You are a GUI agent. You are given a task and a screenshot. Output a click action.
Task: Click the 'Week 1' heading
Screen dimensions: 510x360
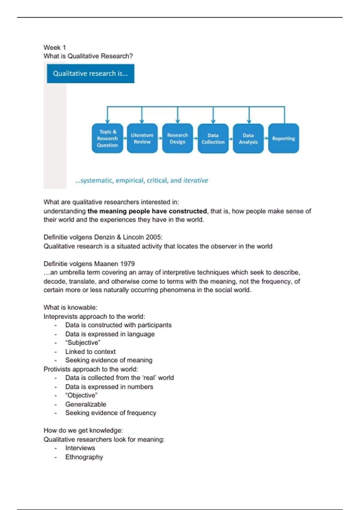pos(55,47)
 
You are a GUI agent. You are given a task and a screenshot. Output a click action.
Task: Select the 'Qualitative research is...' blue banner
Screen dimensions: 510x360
pos(90,73)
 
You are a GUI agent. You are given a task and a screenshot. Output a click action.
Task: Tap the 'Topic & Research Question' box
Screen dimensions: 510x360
pos(107,138)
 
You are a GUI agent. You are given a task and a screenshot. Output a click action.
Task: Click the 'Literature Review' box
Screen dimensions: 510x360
pos(142,138)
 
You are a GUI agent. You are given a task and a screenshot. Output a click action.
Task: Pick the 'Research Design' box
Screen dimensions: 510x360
pos(178,138)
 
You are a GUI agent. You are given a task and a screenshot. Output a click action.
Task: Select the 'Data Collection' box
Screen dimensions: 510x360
pos(213,139)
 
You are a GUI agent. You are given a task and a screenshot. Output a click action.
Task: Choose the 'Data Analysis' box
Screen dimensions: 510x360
pos(248,139)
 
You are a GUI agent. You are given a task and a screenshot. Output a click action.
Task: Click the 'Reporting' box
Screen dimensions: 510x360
pos(283,138)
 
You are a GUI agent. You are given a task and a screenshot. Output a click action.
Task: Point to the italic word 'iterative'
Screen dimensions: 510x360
pos(196,180)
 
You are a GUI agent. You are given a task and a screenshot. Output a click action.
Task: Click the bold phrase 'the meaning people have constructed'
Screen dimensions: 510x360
pos(147,211)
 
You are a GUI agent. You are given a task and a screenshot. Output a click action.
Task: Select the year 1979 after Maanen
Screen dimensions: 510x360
pos(127,264)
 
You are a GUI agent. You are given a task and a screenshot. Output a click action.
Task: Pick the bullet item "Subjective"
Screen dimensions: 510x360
pos(83,343)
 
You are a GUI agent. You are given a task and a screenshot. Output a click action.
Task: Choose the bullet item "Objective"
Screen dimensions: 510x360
pos(81,395)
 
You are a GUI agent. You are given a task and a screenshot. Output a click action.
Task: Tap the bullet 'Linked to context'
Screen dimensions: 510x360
pos(90,352)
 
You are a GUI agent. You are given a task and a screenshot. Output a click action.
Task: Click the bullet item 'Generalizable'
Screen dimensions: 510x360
pos(85,404)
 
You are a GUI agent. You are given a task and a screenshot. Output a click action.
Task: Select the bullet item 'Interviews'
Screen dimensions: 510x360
pos(80,448)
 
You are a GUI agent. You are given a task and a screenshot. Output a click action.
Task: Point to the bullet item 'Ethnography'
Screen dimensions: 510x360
pos(84,457)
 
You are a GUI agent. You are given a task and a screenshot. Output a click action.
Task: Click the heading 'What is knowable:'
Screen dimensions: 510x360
pos(70,307)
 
